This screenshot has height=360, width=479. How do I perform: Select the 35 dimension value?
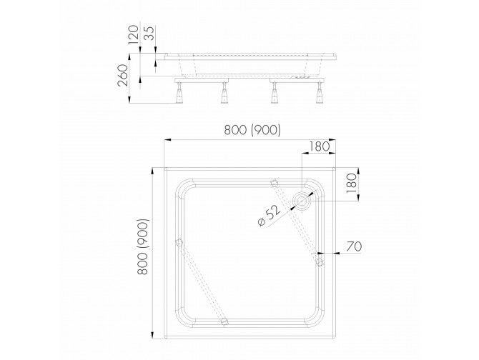click(147, 34)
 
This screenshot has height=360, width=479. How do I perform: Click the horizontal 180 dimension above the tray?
click(318, 146)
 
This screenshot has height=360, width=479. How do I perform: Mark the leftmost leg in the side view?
click(177, 92)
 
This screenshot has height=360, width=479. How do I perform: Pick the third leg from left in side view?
click(272, 92)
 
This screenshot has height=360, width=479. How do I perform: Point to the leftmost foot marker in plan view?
click(179, 244)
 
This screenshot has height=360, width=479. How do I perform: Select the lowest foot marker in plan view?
click(224, 322)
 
